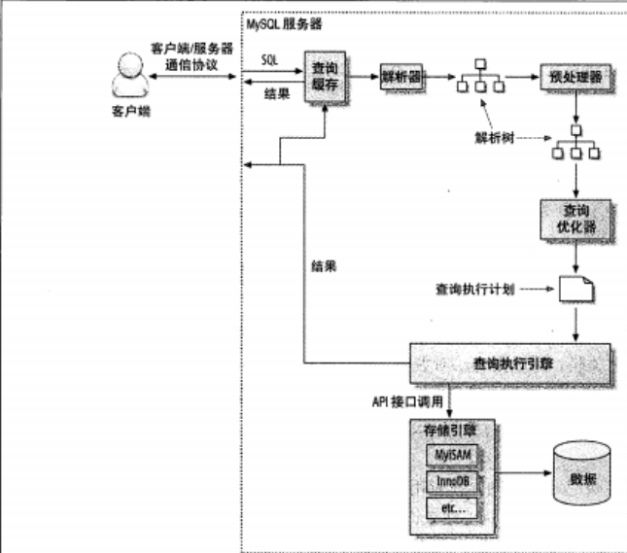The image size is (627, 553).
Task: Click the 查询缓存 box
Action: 324,75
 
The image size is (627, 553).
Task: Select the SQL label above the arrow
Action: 271,60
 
